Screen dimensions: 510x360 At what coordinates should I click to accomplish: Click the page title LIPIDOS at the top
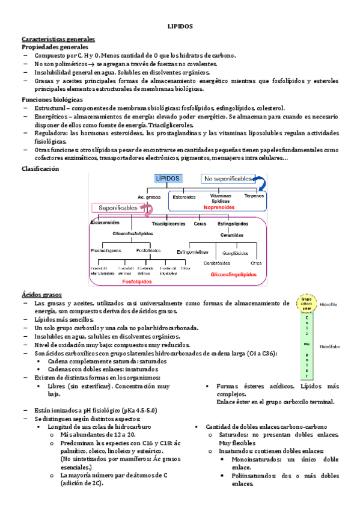click(x=180, y=27)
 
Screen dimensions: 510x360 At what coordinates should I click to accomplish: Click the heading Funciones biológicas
click(x=52, y=99)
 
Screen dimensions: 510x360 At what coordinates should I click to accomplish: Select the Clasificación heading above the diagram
click(x=40, y=169)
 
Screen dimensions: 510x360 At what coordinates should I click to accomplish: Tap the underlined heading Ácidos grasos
click(x=41, y=295)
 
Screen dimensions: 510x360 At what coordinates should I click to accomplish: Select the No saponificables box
click(x=227, y=179)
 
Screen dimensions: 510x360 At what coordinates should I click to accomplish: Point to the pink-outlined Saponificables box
click(x=116, y=207)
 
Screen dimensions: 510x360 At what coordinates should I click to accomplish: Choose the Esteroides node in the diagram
click(x=184, y=197)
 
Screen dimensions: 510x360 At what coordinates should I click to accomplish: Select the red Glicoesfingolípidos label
click(x=233, y=274)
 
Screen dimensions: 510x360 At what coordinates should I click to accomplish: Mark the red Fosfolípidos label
click(x=136, y=281)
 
